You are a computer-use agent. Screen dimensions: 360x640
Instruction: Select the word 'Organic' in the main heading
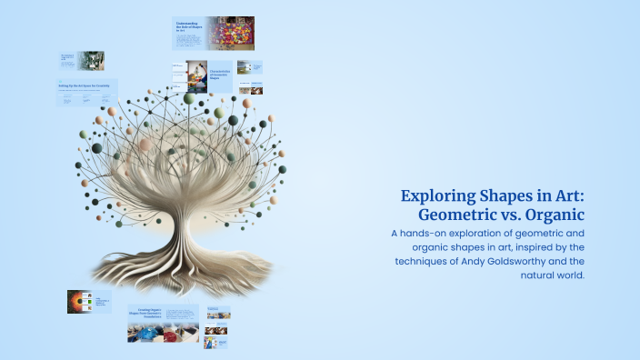tap(549, 215)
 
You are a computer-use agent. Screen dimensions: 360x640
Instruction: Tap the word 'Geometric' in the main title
tap(460, 215)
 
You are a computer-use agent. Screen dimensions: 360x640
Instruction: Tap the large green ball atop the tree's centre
tap(189, 98)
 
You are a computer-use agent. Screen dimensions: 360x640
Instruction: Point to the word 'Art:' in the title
tap(564, 196)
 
